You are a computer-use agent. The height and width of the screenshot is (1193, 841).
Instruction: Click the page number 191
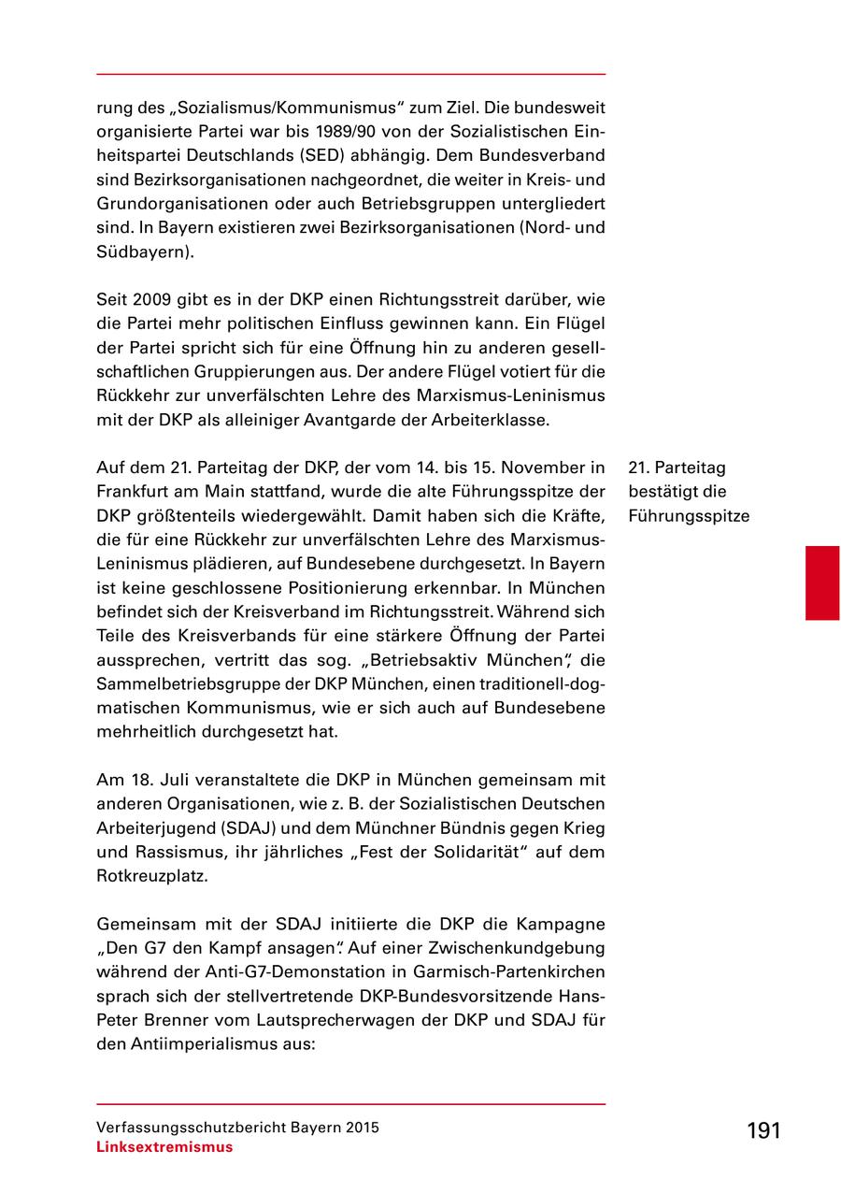pos(763,1130)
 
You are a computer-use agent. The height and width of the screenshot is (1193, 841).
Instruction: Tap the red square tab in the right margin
pos(822,584)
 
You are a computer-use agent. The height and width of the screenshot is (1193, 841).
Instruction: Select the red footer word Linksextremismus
pos(164,1147)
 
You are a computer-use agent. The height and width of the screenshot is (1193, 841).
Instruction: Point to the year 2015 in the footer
pos(361,1128)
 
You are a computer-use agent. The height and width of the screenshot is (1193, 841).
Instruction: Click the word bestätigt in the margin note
pos(663,492)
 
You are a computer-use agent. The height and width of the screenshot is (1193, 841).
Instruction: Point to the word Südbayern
pos(145,252)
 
